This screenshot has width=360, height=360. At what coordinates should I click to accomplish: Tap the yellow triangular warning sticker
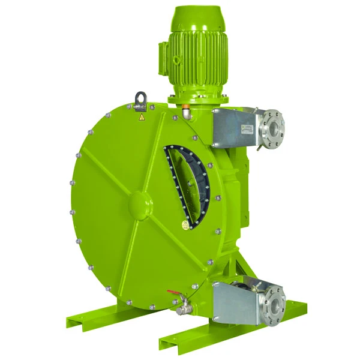tap(142, 118)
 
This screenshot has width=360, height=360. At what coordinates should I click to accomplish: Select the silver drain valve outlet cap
tap(181, 310)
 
